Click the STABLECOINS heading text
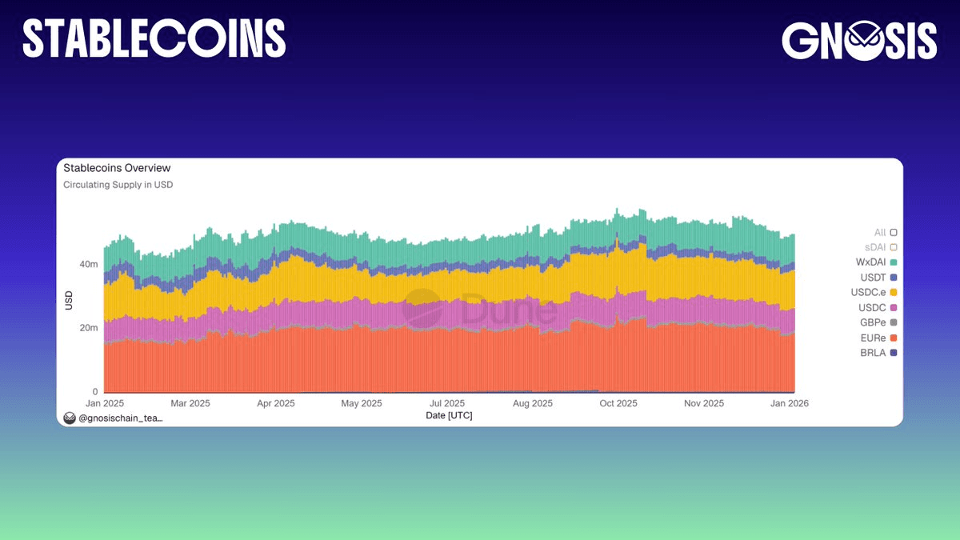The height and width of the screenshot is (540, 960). click(x=154, y=38)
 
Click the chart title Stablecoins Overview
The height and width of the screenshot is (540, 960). click(x=117, y=168)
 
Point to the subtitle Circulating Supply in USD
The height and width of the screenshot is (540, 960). click(x=118, y=185)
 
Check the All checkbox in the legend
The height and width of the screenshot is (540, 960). click(x=894, y=232)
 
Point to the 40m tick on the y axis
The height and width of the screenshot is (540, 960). click(x=88, y=264)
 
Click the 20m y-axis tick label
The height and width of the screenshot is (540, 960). click(x=88, y=328)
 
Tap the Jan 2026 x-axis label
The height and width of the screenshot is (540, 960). click(x=790, y=403)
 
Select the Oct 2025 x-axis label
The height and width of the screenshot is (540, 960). click(x=618, y=403)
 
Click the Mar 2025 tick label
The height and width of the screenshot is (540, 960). click(x=190, y=403)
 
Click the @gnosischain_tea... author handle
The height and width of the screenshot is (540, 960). click(x=120, y=418)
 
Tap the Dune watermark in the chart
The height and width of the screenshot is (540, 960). click(x=480, y=310)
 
